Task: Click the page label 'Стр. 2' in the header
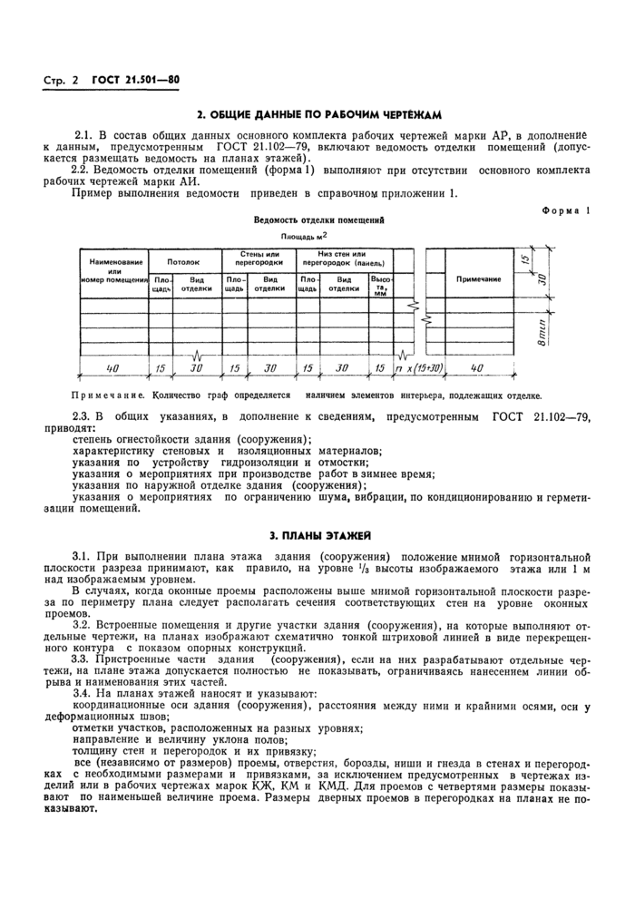(x=61, y=81)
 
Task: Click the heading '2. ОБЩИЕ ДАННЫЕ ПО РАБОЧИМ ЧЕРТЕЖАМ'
(x=318, y=115)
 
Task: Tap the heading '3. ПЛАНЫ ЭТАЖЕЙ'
(x=318, y=536)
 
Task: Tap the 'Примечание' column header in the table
(x=478, y=279)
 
